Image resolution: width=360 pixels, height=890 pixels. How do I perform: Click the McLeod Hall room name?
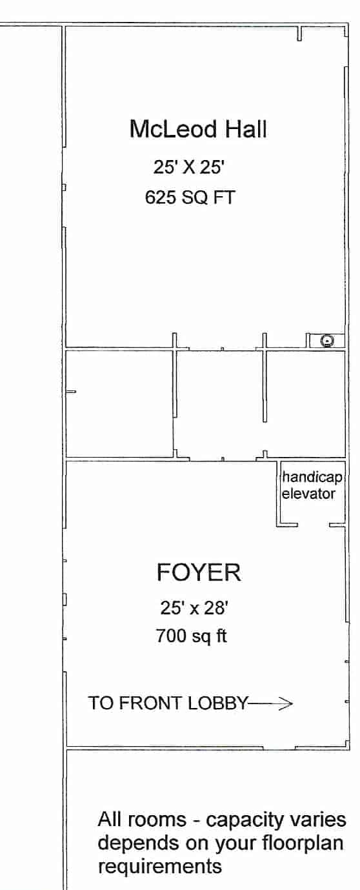tap(197, 129)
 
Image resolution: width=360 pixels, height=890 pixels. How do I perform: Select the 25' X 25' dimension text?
tap(188, 168)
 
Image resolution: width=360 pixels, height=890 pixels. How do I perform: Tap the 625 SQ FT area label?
tap(190, 197)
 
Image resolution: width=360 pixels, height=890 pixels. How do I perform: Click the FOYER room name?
tap(199, 572)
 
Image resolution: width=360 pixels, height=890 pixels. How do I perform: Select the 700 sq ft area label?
tap(191, 636)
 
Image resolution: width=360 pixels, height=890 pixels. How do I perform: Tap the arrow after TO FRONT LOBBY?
tap(271, 703)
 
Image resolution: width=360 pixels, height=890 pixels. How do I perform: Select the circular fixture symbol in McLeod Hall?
tap(328, 341)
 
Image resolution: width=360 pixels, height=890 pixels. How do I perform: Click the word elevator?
tap(308, 494)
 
